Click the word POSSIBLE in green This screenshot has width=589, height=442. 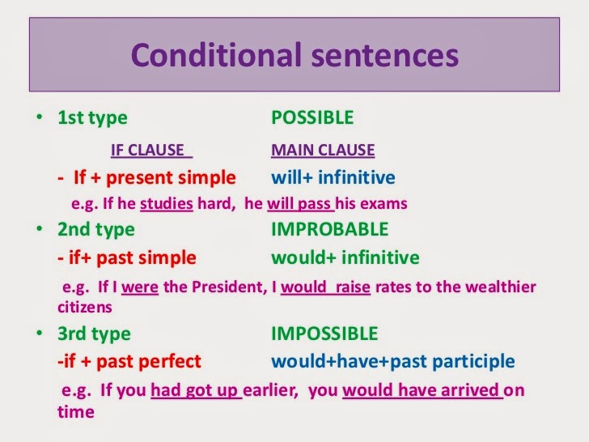312,118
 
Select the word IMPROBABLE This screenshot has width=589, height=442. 329,229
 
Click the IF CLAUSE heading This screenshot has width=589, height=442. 151,150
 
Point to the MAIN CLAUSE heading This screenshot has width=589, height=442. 323,150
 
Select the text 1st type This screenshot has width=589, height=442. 92,118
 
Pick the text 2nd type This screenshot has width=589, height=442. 95,229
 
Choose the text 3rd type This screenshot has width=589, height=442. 94,334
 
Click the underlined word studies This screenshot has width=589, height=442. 166,203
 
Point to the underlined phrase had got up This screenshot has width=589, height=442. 196,391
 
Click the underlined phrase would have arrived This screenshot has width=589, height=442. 422,391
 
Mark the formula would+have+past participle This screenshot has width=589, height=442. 392,361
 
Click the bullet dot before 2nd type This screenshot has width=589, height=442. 38,229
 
